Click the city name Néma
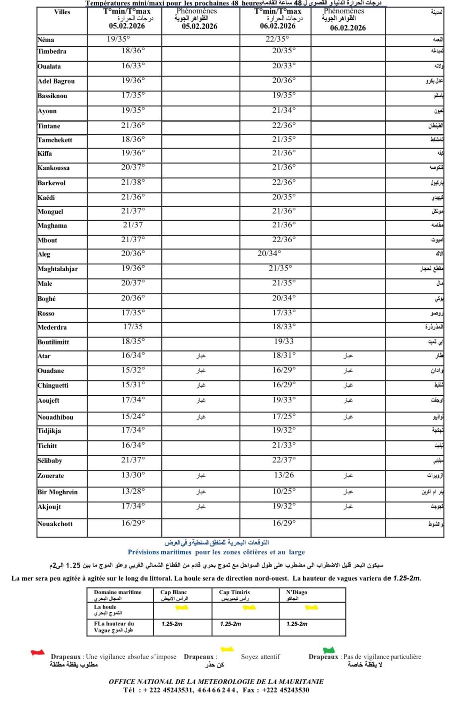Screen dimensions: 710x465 [46, 40]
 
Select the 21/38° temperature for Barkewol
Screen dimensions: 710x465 [133, 182]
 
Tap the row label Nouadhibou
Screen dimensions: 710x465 [55, 417]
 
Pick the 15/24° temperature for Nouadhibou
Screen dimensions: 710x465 [133, 416]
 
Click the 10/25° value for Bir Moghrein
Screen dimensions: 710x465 [284, 491]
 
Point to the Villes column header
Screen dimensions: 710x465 [62, 12]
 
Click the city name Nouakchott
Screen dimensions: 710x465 [55, 524]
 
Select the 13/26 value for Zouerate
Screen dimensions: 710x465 [284, 475]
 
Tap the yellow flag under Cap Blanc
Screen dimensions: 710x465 [182, 608]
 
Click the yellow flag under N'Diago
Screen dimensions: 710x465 [311, 608]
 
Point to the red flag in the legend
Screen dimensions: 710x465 [37, 653]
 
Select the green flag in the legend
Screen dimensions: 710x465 [329, 650]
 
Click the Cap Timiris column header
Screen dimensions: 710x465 [234, 592]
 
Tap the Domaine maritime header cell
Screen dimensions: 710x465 [118, 592]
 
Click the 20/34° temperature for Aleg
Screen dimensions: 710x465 [269, 253]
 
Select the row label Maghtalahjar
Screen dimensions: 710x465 [58, 269]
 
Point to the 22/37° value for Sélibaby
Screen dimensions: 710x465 [284, 460]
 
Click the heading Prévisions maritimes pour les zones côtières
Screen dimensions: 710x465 [216, 552]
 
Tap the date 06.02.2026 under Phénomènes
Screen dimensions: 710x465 [348, 28]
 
